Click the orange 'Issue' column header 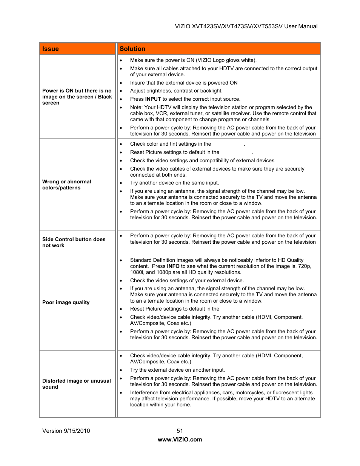click(51, 49)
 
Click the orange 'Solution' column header click(132, 49)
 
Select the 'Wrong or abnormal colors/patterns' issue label click(67, 185)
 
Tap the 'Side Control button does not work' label click(74, 242)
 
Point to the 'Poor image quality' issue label click(66, 302)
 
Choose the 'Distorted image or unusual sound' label click(76, 384)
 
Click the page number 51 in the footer click(180, 431)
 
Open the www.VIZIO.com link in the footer click(180, 439)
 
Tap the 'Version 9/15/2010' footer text click(66, 431)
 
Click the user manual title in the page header click(246, 26)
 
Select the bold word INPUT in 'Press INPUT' click(153, 99)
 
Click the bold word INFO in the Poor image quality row click(173, 266)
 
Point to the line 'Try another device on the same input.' click(174, 183)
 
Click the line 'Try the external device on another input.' click(177, 370)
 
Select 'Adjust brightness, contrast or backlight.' click(176, 91)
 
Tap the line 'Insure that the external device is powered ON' click(184, 83)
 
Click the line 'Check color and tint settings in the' click(171, 144)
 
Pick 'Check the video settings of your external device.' click(187, 280)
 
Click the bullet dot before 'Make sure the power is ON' click(121, 60)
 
